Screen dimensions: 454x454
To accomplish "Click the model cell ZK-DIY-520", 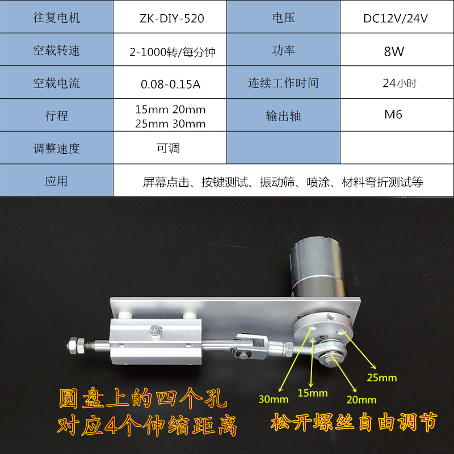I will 170,18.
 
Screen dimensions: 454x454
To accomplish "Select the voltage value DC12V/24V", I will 396,18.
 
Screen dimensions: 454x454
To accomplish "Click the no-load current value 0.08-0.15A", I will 170,84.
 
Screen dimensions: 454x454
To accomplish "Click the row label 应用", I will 56,182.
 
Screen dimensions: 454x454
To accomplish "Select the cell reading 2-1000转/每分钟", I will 170,52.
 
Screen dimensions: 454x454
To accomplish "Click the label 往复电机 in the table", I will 56,18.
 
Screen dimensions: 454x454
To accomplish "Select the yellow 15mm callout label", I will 313,393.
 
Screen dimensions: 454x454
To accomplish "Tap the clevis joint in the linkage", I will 250,344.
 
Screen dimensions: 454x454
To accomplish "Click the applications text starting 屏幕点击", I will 283,182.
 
